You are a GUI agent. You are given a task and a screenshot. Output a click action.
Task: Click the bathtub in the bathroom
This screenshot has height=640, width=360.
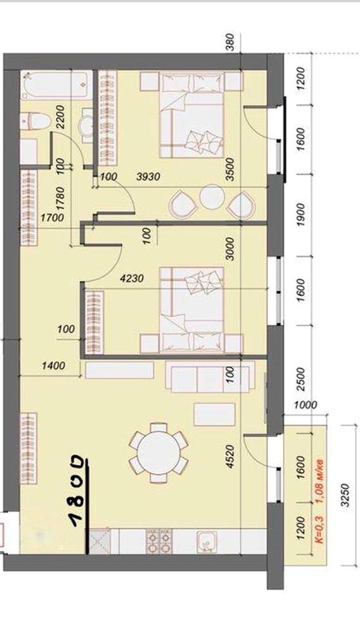click(x=57, y=84)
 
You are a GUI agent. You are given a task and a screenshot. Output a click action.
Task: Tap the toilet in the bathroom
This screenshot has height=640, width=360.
click(x=35, y=121)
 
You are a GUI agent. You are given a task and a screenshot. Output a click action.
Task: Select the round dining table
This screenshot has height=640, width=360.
click(x=159, y=453)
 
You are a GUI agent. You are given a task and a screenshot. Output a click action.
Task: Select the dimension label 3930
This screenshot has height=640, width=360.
click(x=148, y=177)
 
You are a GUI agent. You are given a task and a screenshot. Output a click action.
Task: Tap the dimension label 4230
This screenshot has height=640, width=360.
click(x=132, y=279)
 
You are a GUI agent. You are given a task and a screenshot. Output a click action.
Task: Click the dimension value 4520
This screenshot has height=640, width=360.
click(x=231, y=456)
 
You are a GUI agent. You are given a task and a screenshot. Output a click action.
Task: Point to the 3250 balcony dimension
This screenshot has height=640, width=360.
click(x=345, y=495)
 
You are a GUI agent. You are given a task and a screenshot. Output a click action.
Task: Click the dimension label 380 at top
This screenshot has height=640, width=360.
click(x=230, y=42)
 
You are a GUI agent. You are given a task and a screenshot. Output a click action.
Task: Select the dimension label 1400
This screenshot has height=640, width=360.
click(x=53, y=365)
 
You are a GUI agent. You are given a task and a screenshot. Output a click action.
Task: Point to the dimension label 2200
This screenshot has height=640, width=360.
click(x=60, y=117)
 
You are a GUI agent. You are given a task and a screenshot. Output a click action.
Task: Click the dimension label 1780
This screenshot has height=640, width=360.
click(x=60, y=199)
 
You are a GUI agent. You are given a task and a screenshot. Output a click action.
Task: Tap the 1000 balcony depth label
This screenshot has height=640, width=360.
click(x=306, y=405)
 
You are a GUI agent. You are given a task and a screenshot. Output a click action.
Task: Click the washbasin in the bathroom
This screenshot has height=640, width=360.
click(x=87, y=125)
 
